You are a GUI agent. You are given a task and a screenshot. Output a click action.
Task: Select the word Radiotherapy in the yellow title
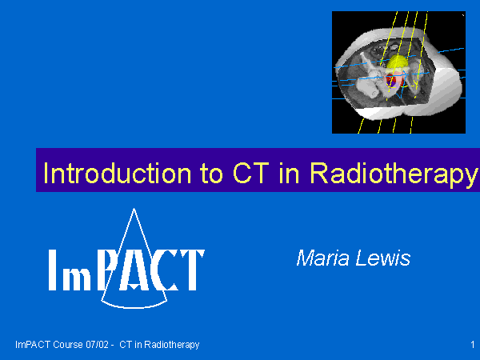[394, 175]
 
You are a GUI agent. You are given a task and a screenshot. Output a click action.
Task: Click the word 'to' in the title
[212, 174]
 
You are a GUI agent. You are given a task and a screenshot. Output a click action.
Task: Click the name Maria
[322, 258]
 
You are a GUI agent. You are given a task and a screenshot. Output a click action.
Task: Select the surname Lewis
[382, 258]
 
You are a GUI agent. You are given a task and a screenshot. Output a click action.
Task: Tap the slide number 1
[472, 345]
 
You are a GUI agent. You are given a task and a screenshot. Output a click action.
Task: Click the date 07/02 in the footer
[97, 345]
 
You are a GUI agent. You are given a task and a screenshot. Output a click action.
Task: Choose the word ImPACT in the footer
[33, 345]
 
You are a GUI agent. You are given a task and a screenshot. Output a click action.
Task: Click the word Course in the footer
[68, 345]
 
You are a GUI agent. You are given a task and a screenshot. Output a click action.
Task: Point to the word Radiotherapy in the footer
[172, 346]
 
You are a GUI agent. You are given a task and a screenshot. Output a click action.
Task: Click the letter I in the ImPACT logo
[53, 270]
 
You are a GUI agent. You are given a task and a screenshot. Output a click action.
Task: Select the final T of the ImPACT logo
[192, 270]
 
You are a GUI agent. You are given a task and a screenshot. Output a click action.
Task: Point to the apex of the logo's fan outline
[134, 209]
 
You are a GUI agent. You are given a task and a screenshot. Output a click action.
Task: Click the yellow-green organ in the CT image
[397, 62]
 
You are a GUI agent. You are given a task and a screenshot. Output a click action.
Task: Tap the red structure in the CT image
[390, 81]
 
